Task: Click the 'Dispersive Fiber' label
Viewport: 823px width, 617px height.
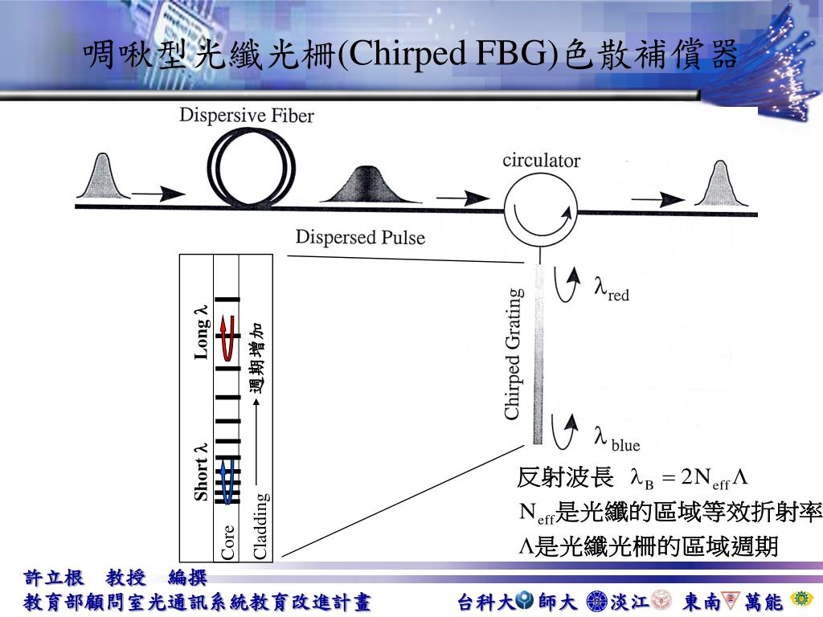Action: click(246, 116)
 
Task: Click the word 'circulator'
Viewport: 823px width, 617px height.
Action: click(541, 161)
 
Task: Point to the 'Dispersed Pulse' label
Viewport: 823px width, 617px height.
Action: click(360, 237)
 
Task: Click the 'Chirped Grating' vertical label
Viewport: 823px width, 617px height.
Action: click(512, 354)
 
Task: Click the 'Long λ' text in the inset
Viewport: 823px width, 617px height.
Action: click(202, 332)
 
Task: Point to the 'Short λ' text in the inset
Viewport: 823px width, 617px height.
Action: click(202, 472)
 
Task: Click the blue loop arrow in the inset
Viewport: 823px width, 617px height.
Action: click(227, 480)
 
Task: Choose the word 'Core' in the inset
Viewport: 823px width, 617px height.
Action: click(228, 541)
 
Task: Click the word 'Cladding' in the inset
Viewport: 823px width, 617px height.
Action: click(261, 526)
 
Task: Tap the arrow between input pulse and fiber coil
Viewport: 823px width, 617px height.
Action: click(158, 193)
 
